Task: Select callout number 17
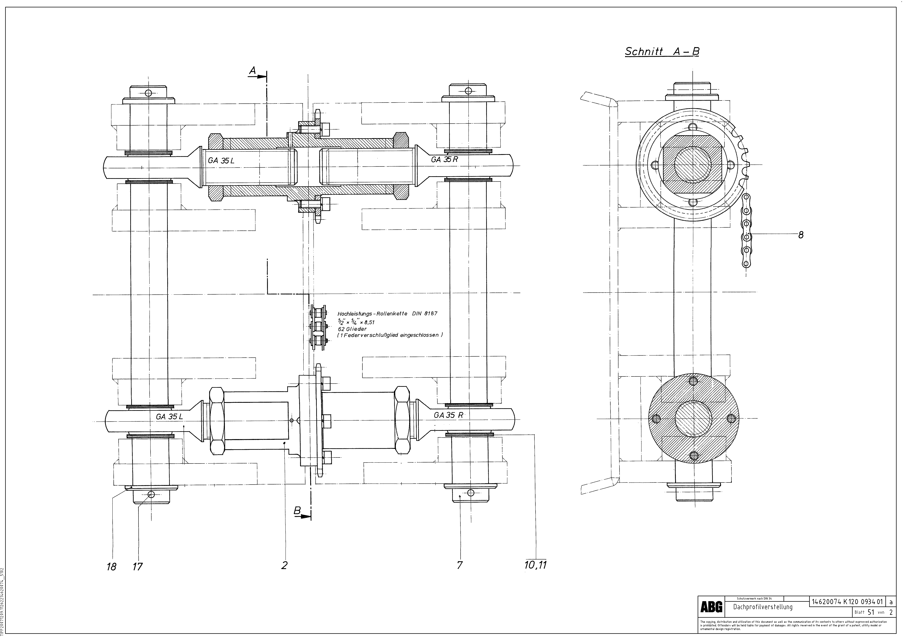(137, 567)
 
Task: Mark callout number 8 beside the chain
(801, 235)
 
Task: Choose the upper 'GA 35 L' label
(221, 161)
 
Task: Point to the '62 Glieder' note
(352, 329)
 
